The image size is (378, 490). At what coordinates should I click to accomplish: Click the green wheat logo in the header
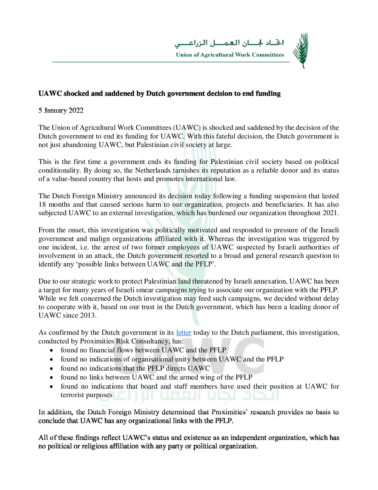[x=301, y=50]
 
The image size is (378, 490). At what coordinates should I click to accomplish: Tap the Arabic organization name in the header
[x=229, y=43]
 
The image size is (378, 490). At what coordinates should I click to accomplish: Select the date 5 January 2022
[x=61, y=110]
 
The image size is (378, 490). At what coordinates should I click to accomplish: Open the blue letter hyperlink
[x=184, y=333]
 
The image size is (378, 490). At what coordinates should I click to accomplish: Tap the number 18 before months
[x=42, y=205]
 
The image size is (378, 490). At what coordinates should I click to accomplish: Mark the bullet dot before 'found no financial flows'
[x=52, y=351]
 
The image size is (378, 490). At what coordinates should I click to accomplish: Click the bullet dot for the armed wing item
[x=52, y=377]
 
